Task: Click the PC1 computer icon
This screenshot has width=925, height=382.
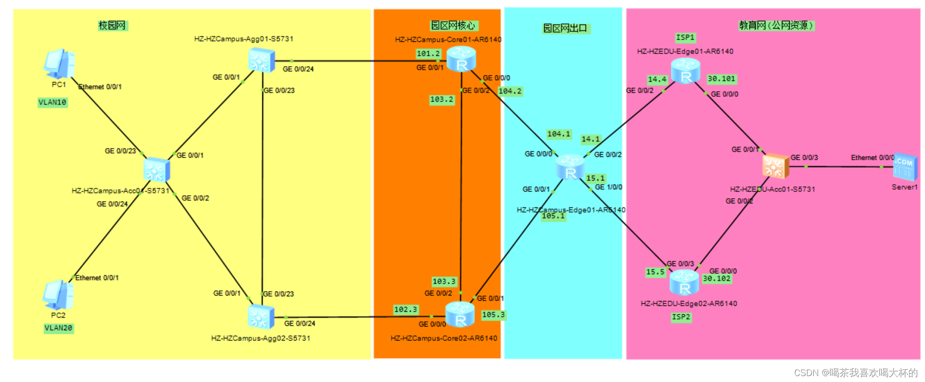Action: click(59, 64)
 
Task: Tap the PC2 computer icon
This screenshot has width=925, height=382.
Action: click(58, 294)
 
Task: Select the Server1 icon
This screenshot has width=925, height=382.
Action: click(904, 167)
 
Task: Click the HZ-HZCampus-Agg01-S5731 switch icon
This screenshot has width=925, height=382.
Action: click(261, 60)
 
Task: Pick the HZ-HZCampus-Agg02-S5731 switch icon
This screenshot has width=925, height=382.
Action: click(261, 316)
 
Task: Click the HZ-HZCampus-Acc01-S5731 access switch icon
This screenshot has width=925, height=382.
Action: click(156, 170)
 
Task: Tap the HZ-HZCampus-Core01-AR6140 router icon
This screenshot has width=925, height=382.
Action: click(461, 59)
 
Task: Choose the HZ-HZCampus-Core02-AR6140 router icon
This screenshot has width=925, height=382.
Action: click(460, 315)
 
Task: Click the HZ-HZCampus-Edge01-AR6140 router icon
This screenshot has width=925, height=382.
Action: click(571, 167)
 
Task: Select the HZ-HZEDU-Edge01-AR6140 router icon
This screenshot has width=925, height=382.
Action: click(685, 71)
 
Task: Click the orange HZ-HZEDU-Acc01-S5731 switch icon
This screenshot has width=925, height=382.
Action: click(775, 166)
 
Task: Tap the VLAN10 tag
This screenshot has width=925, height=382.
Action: click(52, 102)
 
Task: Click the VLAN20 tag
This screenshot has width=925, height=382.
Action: click(59, 328)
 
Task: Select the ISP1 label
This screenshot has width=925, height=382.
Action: click(685, 37)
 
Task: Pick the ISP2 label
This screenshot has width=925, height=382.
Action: click(681, 317)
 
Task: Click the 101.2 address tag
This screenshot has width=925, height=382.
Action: click(428, 54)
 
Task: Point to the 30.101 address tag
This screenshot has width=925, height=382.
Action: click(721, 79)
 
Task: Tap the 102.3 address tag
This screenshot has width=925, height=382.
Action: click(405, 310)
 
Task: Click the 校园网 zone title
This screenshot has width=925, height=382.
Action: click(112, 25)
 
